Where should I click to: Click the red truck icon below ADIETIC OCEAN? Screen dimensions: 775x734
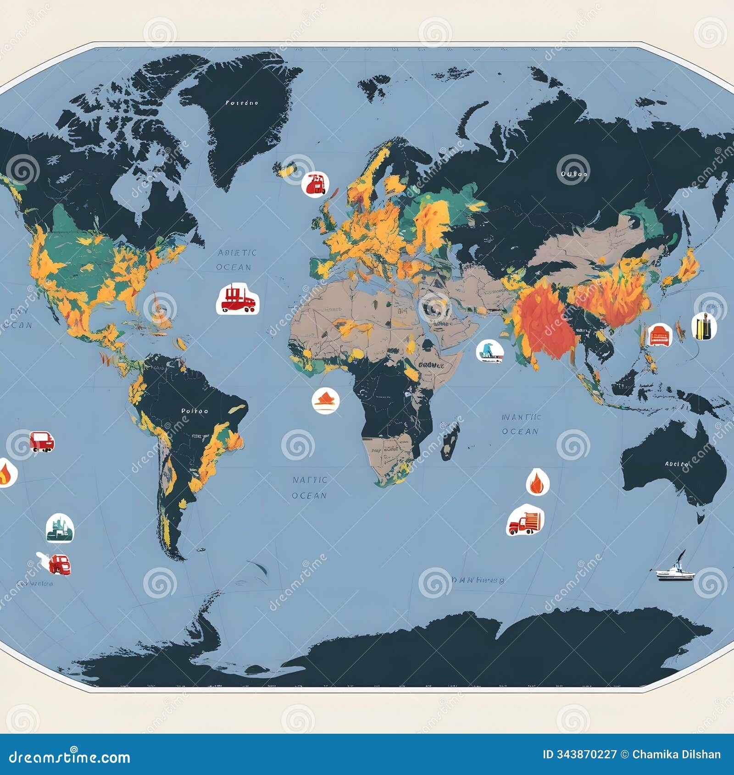coord(238,299)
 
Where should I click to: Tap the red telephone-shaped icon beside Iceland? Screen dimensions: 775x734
coord(315,183)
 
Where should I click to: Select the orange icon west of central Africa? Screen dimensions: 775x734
coord(325,400)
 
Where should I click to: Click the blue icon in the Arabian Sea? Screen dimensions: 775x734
coord(489,351)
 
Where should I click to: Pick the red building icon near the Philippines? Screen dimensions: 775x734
coord(659,335)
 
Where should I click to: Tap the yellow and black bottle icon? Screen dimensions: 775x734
coord(704,326)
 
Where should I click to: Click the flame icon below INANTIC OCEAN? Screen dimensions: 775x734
coord(537,482)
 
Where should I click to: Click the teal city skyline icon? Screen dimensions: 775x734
coord(60,528)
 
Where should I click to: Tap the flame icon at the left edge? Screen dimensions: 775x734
coord(6,473)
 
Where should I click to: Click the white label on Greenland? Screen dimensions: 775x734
coord(242,103)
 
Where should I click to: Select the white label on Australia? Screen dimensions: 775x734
coord(677,464)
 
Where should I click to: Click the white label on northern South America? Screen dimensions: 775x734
coord(195,411)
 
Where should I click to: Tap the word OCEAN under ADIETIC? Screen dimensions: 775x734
coord(234,267)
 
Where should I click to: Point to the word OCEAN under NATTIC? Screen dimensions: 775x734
coord(309,496)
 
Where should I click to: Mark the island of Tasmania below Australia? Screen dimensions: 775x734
coord(701,517)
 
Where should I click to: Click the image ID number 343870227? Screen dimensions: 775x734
coord(586,754)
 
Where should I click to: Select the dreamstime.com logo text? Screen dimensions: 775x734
coord(70,757)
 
